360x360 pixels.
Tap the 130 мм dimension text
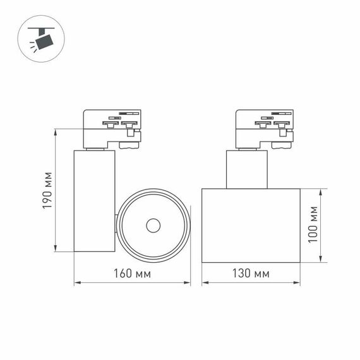pos(250,273)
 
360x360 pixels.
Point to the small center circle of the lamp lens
pos(153,225)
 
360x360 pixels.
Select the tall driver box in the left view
pos(94,201)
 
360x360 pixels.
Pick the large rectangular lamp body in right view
pos(251,225)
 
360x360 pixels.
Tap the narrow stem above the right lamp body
pos(247,169)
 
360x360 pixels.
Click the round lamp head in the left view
pos(153,225)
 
